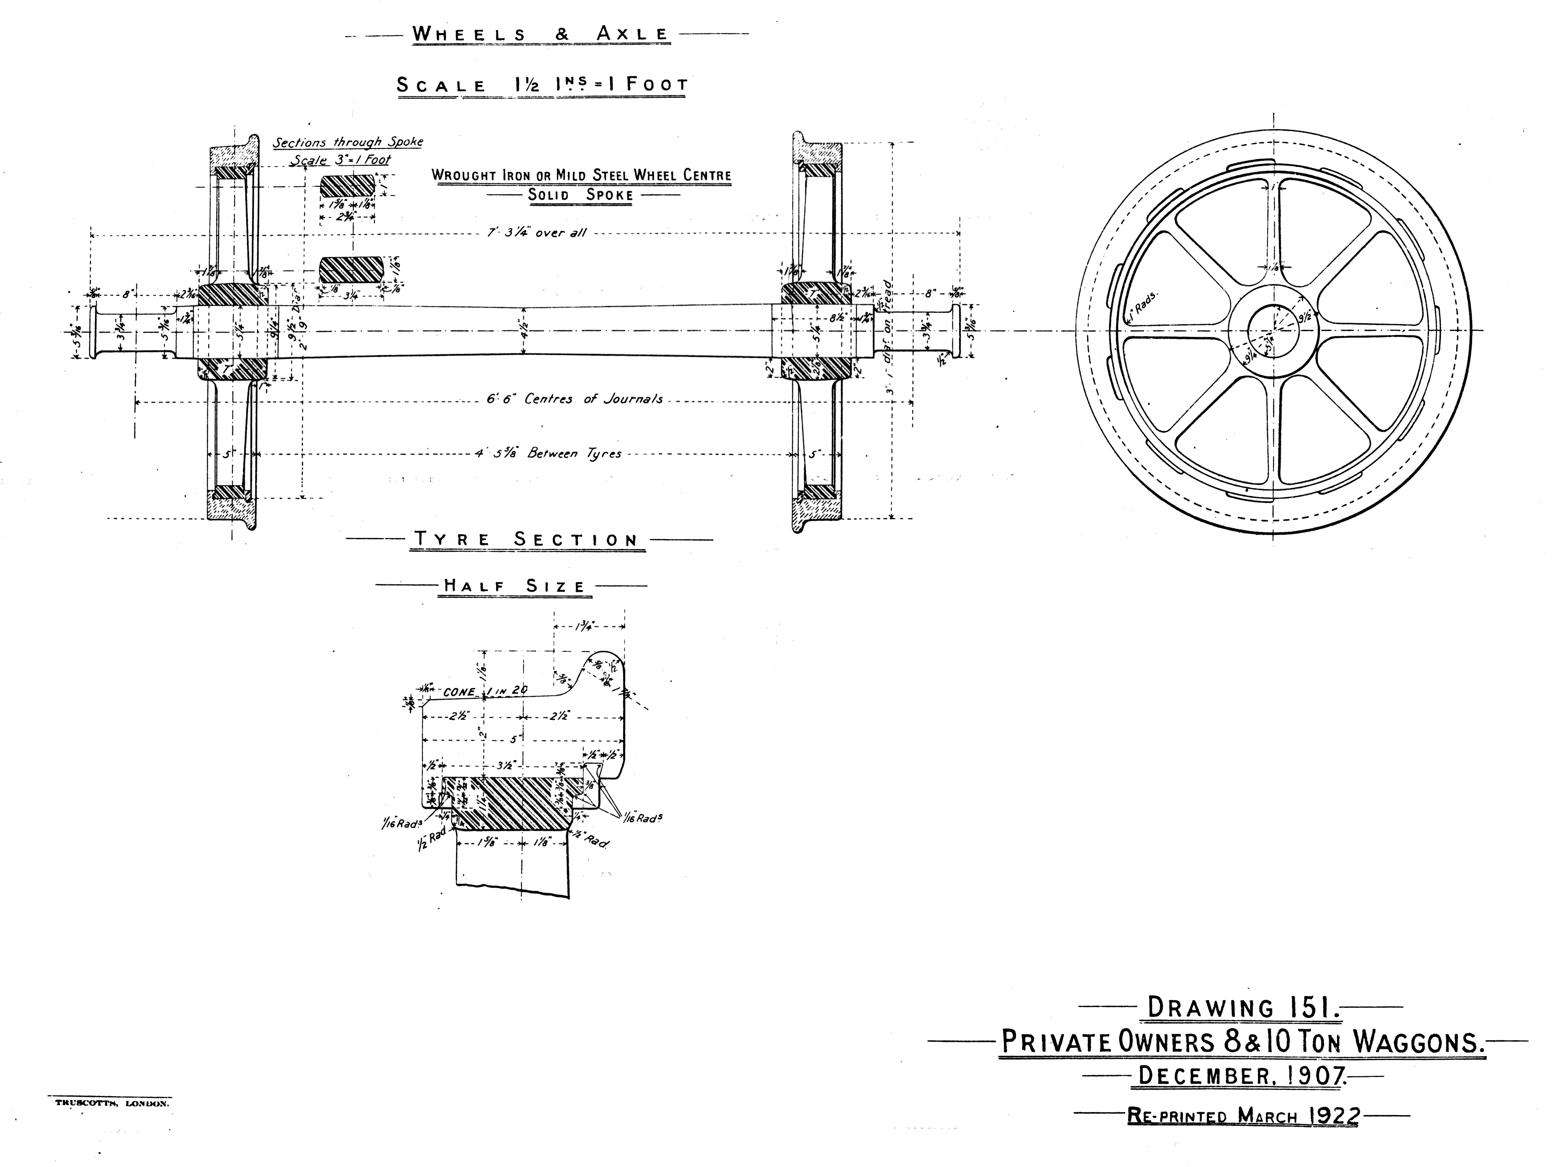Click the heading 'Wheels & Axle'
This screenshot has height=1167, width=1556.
(540, 34)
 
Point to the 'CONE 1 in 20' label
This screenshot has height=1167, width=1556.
(485, 692)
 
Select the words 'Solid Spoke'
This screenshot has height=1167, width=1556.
(580, 195)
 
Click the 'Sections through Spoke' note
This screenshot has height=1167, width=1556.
(348, 142)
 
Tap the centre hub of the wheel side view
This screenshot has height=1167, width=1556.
(1273, 331)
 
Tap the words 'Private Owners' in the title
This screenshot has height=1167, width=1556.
(1108, 1042)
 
